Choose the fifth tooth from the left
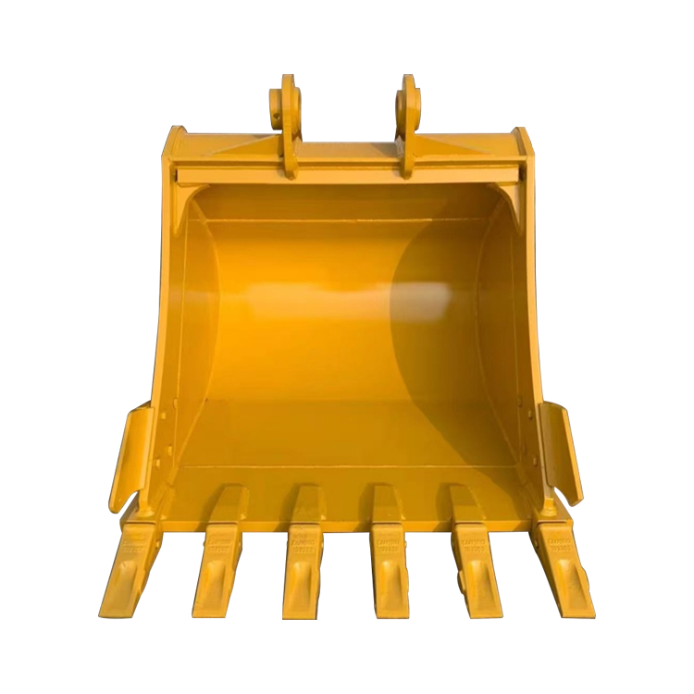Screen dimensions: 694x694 (476, 566)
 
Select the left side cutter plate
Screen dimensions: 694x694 (129, 453)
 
